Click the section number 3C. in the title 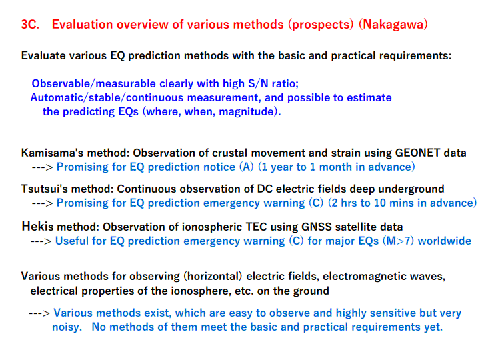[x=30, y=24]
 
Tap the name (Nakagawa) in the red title [x=393, y=24]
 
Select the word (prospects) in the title [x=321, y=24]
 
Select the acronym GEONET [x=417, y=153]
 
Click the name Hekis [x=37, y=226]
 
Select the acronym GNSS [x=317, y=227]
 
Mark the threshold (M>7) [x=398, y=241]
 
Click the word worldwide [x=445, y=241]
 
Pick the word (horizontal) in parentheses [x=213, y=276]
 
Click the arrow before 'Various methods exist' [x=39, y=313]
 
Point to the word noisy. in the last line [x=67, y=327]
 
